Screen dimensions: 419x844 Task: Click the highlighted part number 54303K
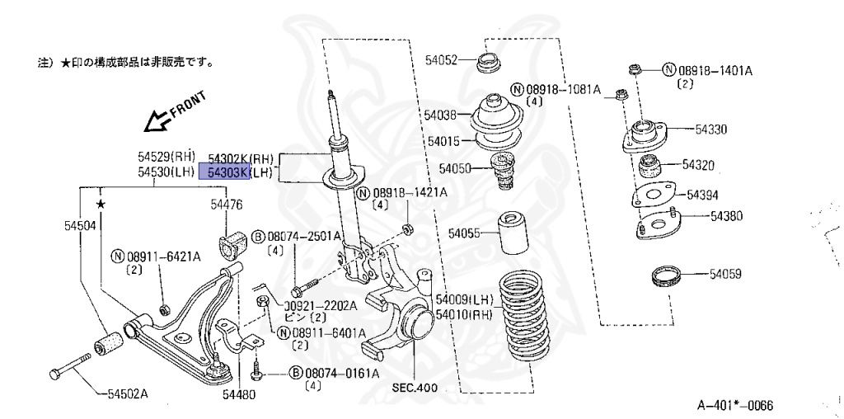[227, 172]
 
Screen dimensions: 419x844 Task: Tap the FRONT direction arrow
[157, 122]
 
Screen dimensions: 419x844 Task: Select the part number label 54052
[441, 59]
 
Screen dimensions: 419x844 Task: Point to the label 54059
[713, 271]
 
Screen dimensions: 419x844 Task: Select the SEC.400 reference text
[414, 388]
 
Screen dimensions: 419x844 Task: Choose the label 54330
[710, 129]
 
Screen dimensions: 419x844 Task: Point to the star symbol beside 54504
[100, 203]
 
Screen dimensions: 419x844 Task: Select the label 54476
[226, 204]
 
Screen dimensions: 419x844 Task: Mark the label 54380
[727, 216]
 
